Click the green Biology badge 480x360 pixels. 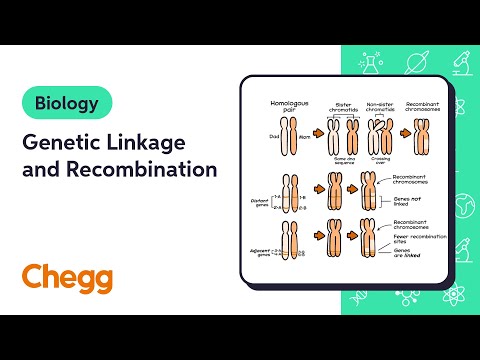pyautogui.click(x=66, y=102)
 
